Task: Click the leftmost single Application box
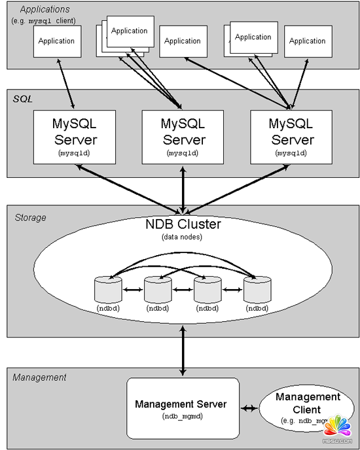coord(57,41)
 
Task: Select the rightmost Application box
coord(308,41)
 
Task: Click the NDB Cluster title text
coord(183,224)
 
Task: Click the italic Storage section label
coord(30,217)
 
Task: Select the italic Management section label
coord(39,377)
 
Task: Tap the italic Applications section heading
coord(45,9)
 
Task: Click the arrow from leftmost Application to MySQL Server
coord(65,83)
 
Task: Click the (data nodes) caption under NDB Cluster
coord(183,236)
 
